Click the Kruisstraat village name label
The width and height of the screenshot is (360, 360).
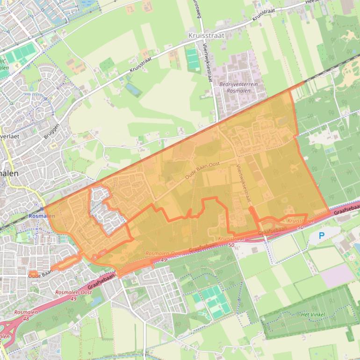coord(206,35)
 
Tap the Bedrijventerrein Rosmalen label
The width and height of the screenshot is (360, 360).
coord(238,87)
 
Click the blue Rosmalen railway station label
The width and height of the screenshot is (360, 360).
coord(42,216)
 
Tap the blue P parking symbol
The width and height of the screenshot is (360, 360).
coord(321,236)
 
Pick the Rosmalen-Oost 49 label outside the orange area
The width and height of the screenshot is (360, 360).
coord(73,295)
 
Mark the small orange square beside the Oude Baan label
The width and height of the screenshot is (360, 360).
coord(33,274)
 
